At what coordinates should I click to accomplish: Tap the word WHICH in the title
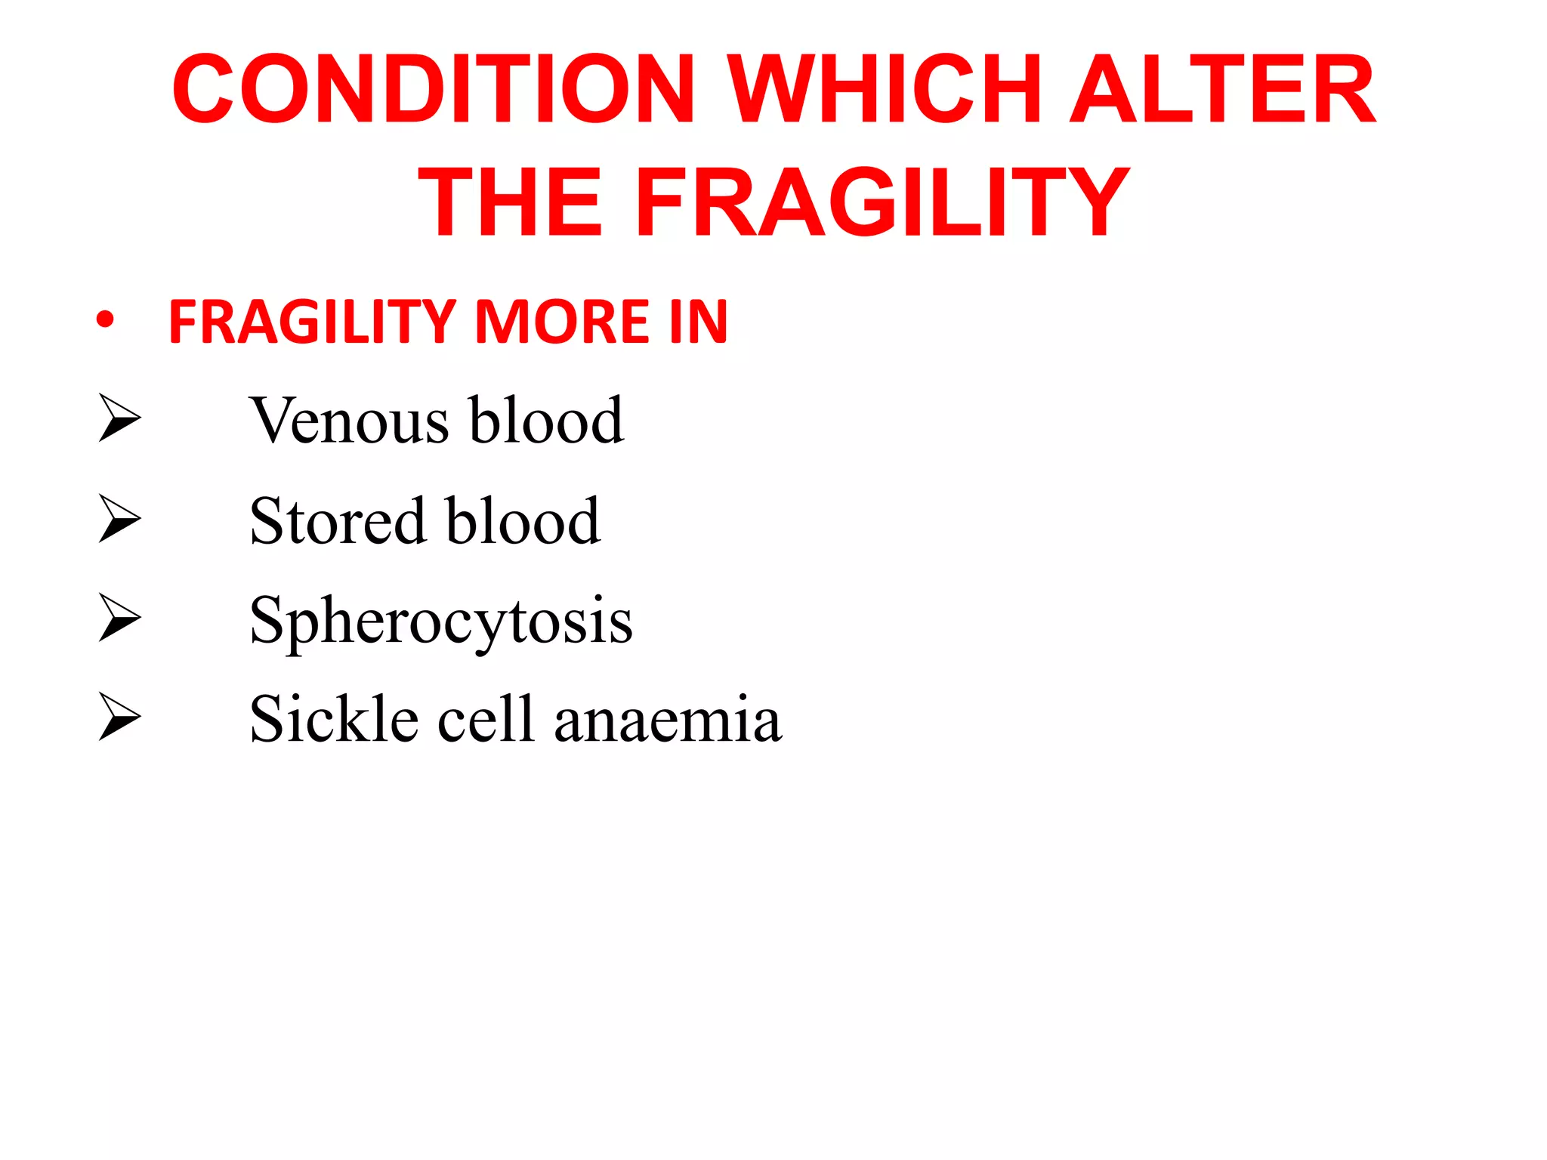tap(888, 89)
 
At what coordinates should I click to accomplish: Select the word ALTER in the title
tap(1223, 89)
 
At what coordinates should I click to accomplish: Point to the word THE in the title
tap(511, 202)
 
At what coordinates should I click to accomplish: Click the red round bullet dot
tap(105, 320)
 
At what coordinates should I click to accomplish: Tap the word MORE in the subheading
tap(562, 322)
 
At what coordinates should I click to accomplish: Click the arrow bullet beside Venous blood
tap(119, 418)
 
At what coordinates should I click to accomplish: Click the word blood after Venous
tap(546, 421)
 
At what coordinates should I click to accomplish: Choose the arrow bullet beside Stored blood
tap(119, 518)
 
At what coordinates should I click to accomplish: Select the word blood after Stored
tap(523, 521)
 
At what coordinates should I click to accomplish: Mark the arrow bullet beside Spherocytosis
tap(119, 618)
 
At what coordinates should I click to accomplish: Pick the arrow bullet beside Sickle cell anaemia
tap(119, 717)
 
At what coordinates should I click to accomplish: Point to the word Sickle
tap(333, 719)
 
